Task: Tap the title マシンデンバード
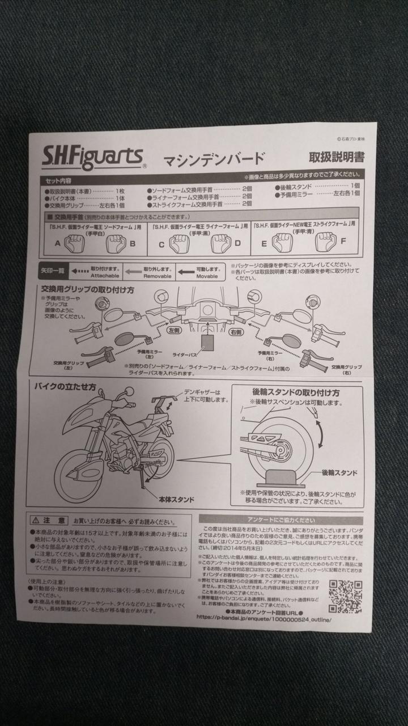tap(214, 158)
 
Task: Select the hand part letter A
tap(57, 244)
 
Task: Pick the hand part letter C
tap(161, 244)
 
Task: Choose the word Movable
tap(206, 276)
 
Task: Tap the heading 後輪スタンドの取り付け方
tap(296, 392)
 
